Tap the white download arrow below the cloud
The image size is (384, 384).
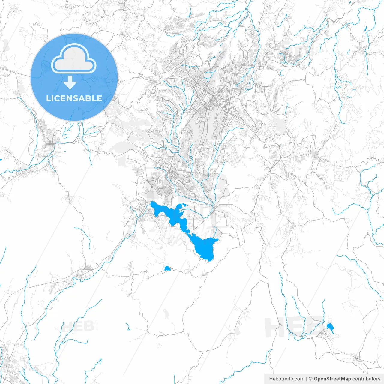coord(70,82)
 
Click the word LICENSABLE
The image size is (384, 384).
coord(74,98)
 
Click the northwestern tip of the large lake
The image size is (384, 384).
coord(152,203)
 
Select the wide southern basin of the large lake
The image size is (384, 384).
coord(205,249)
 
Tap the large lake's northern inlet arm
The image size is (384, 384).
coord(182,206)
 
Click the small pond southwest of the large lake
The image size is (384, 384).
coord(167,268)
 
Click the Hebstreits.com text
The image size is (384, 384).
coord(286,379)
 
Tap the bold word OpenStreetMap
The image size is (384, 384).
coord(332,379)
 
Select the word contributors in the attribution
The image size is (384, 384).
coord(366,379)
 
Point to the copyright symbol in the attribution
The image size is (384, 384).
coord(311,379)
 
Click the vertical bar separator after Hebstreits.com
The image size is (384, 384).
coord(307,379)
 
